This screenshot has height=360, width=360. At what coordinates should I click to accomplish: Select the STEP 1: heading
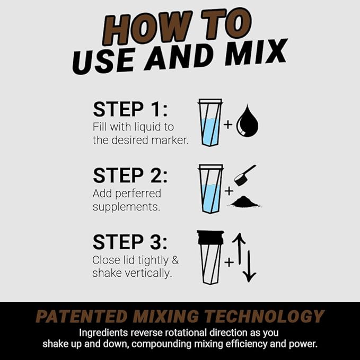[130, 109]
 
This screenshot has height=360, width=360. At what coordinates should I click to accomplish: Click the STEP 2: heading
[130, 175]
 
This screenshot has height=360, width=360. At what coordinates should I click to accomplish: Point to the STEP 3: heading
[130, 242]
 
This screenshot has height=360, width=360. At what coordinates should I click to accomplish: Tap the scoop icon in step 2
[244, 174]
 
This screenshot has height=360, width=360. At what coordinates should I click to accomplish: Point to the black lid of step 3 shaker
[210, 237]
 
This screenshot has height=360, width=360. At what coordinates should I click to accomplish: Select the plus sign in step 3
[229, 262]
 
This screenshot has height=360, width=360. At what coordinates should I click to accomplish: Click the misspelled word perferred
[135, 194]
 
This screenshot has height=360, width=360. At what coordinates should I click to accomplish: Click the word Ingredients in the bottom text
[104, 333]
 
